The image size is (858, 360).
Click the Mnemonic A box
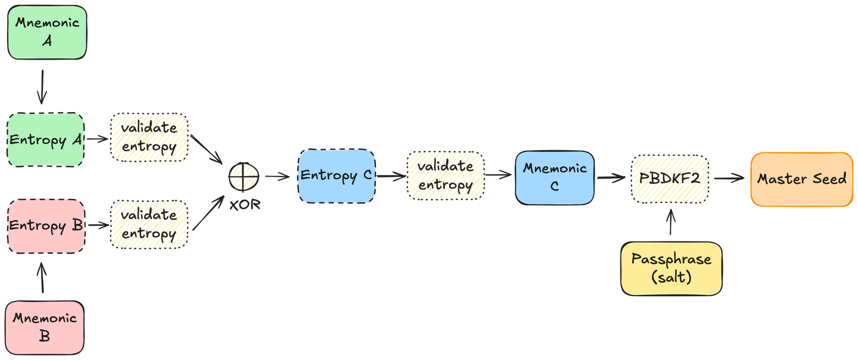tap(47, 32)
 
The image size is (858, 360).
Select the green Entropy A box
tap(46, 139)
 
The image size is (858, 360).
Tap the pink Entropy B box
tap(46, 225)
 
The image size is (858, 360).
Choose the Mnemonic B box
tap(45, 327)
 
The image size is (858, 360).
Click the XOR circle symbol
tap(244, 175)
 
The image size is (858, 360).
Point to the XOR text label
tap(245, 204)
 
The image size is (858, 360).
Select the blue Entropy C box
tap(336, 176)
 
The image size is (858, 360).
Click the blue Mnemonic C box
tap(555, 178)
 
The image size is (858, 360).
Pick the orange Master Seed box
tap(802, 179)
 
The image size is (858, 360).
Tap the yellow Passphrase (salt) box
tap(671, 268)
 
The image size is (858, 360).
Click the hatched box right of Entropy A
tap(151, 138)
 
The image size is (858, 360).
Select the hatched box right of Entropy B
tap(150, 224)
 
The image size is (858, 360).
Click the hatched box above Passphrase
tap(671, 179)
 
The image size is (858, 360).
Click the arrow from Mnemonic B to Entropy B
tap(42, 277)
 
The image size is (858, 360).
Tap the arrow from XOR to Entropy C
tap(277, 176)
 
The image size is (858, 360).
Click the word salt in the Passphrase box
tap(671, 277)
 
